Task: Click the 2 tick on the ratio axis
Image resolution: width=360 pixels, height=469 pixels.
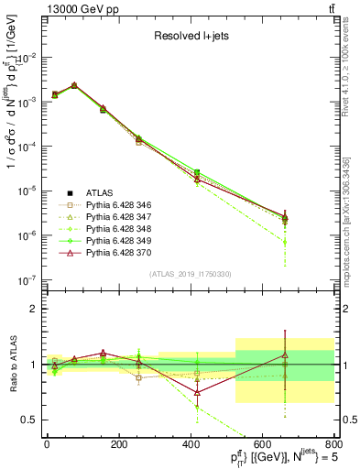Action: pyautogui.click(x=34, y=309)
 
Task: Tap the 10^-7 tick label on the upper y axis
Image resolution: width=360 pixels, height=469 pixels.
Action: pyautogui.click(x=27, y=279)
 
